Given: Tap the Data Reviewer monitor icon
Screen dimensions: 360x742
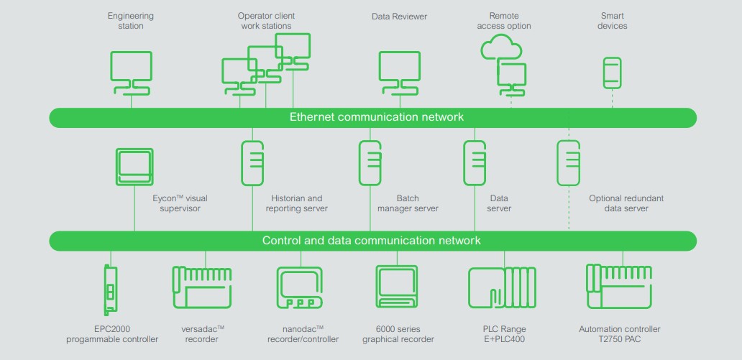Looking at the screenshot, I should [x=399, y=68].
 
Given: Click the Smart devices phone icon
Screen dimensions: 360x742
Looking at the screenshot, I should [x=612, y=73].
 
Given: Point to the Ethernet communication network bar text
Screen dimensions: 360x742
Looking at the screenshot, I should [x=376, y=117].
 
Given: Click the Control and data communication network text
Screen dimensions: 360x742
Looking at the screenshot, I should [x=372, y=241].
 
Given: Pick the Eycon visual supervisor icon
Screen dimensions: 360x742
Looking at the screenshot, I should [x=134, y=167].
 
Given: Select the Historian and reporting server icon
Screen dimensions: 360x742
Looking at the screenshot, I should [x=252, y=163].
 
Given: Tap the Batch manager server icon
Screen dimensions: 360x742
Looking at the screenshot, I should [x=370, y=163].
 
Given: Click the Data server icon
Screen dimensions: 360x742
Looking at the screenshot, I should [x=475, y=163].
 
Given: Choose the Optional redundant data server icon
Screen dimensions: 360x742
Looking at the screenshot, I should [x=568, y=163].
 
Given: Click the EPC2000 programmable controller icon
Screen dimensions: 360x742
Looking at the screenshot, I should [x=110, y=290].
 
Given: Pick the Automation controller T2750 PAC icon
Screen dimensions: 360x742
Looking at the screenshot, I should [x=619, y=286].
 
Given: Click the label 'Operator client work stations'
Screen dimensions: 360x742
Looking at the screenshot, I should [x=266, y=21].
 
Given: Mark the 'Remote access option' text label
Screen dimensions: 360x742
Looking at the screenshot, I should [x=509, y=21].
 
